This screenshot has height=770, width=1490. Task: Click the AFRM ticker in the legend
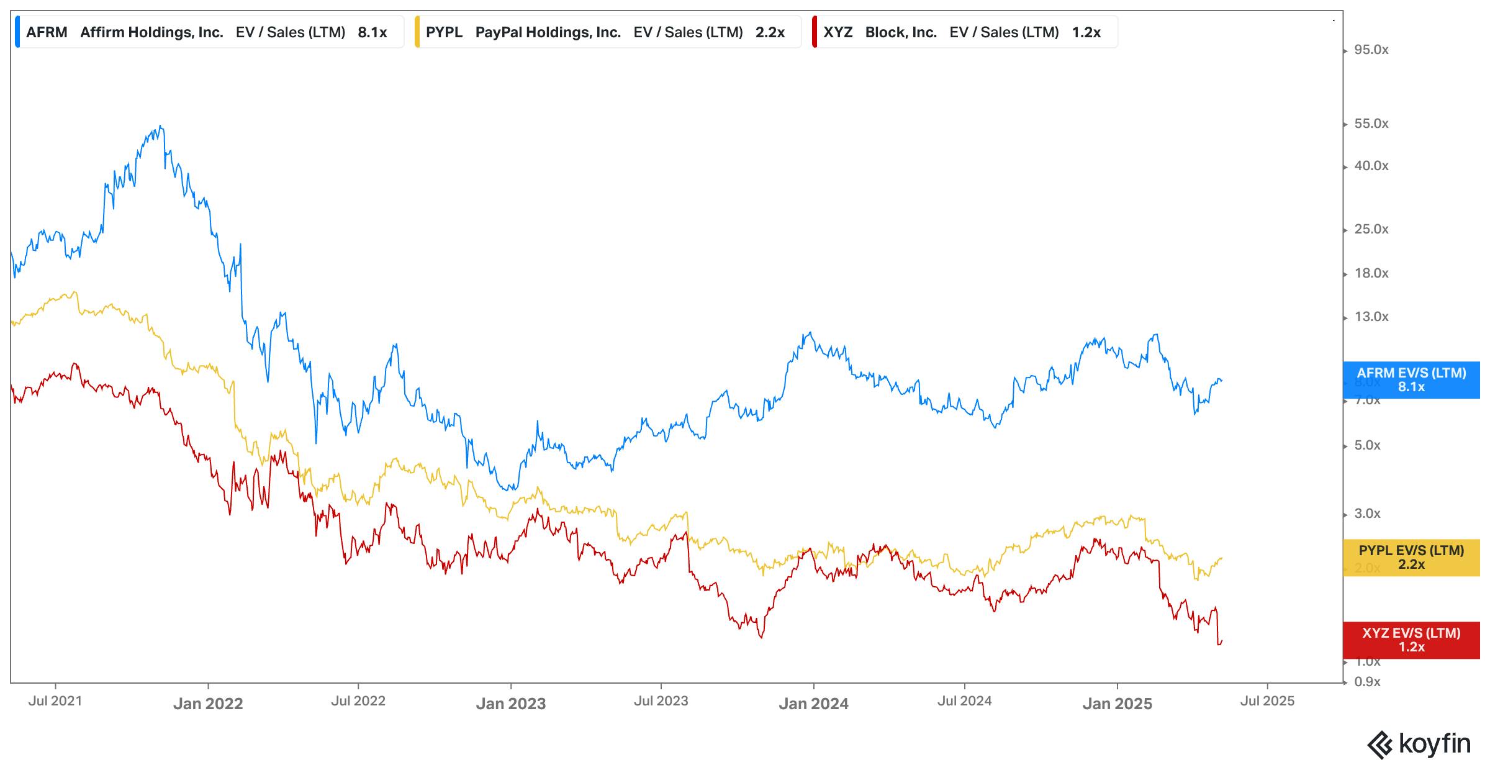[x=47, y=32]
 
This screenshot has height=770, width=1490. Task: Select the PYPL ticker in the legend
[x=444, y=32]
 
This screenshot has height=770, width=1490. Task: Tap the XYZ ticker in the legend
[x=838, y=32]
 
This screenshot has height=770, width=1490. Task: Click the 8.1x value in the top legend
[x=372, y=32]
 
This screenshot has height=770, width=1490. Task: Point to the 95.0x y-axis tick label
[x=1371, y=50]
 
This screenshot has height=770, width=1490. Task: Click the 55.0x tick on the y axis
[x=1371, y=124]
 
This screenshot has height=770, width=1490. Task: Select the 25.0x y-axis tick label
[x=1371, y=229]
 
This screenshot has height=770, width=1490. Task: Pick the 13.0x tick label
[x=1371, y=317]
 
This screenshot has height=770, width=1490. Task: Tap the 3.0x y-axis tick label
[x=1367, y=514]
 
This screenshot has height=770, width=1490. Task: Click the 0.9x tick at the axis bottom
[x=1367, y=682]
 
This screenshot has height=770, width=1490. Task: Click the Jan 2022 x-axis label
[x=208, y=704]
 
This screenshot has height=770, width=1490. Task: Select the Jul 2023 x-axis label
[x=661, y=701]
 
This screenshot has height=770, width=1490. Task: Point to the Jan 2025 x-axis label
[x=1117, y=704]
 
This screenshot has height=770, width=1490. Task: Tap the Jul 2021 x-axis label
[x=55, y=701]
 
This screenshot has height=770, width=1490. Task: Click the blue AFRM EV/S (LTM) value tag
[x=1411, y=379]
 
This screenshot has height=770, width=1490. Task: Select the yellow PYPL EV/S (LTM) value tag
[x=1411, y=557]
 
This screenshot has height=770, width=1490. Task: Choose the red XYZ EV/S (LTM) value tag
[x=1411, y=640]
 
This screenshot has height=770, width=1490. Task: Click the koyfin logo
[x=1419, y=744]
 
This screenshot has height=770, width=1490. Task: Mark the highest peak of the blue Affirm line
[x=161, y=127]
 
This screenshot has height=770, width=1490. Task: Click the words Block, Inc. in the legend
[x=901, y=32]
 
